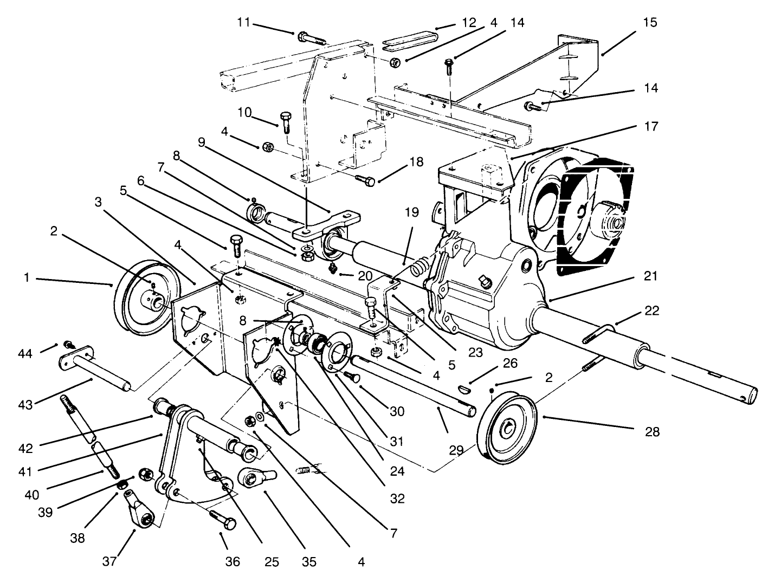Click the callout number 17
coord(650,126)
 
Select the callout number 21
coord(650,276)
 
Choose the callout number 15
coord(650,22)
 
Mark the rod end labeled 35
coord(255,477)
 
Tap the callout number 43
coord(26,404)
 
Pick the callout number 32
coord(397,498)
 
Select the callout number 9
coord(202,143)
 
